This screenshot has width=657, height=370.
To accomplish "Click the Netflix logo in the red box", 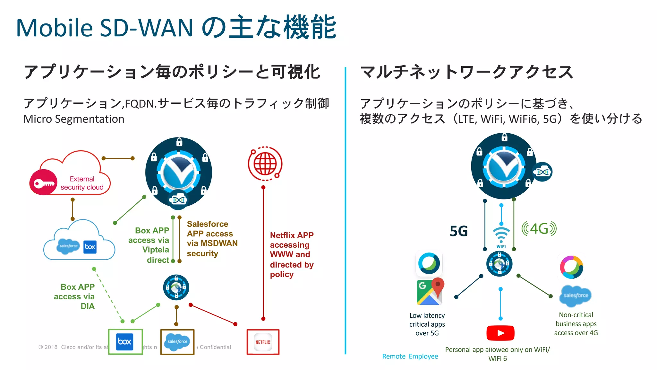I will click(263, 342).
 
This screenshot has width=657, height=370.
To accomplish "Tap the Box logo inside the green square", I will click(125, 341).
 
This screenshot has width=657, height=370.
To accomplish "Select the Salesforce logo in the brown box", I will click(177, 342).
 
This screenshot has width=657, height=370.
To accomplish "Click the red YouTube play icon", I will click(500, 333).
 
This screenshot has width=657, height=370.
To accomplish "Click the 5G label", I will click(459, 231).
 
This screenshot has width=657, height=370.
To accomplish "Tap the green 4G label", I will click(539, 229).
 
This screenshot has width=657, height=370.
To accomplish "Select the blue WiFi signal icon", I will click(501, 236).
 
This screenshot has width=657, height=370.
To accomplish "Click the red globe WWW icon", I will click(265, 163).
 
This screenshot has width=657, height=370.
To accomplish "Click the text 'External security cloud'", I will click(82, 183).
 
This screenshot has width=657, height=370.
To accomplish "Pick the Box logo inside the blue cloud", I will click(90, 247).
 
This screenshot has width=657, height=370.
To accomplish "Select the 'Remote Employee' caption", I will click(410, 356).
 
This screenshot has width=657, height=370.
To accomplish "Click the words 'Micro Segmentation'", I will click(74, 119).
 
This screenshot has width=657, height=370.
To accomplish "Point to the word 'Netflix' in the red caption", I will click(282, 235).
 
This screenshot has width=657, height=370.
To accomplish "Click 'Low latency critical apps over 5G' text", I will click(427, 324).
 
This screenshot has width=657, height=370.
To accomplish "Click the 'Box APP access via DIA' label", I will click(74, 296).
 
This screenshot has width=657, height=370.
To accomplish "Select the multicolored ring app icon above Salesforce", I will click(571, 267).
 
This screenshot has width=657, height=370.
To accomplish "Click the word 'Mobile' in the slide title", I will click(55, 28).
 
